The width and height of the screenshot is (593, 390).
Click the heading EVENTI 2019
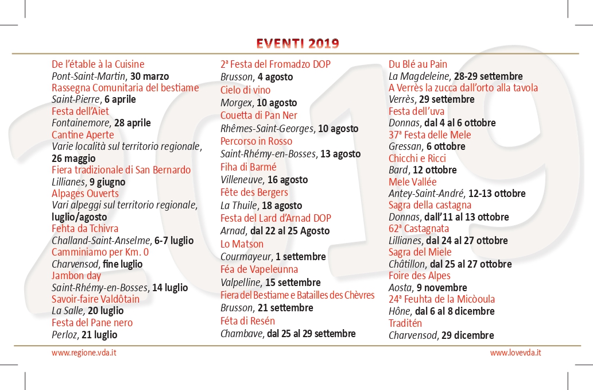click(297, 44)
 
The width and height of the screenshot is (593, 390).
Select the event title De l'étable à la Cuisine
click(98, 64)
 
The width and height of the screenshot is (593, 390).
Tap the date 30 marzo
click(150, 76)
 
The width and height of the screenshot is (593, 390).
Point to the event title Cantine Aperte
click(83, 135)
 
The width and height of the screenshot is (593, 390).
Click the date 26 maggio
click(73, 159)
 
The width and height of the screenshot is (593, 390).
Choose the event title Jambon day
click(76, 276)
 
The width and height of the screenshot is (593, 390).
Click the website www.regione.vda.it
click(84, 353)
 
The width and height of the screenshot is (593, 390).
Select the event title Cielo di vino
click(246, 90)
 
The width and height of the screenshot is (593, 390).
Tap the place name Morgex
click(237, 103)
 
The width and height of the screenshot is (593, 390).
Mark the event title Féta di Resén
click(248, 321)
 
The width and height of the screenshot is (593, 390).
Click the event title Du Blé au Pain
click(418, 64)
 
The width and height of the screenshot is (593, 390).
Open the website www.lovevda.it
click(516, 353)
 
